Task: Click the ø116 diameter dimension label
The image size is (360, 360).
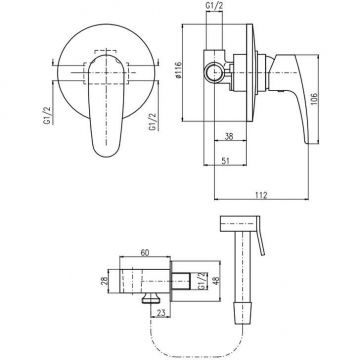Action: point(178,70)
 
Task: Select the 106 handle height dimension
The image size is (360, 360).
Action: point(315,99)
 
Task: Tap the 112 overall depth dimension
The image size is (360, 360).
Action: point(262,195)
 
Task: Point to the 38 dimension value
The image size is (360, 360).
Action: point(228,136)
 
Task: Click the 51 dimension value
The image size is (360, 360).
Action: point(226,161)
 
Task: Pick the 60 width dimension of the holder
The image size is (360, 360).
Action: point(145,253)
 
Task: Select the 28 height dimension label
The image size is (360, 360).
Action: point(104,281)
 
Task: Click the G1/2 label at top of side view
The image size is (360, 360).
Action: point(214,6)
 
